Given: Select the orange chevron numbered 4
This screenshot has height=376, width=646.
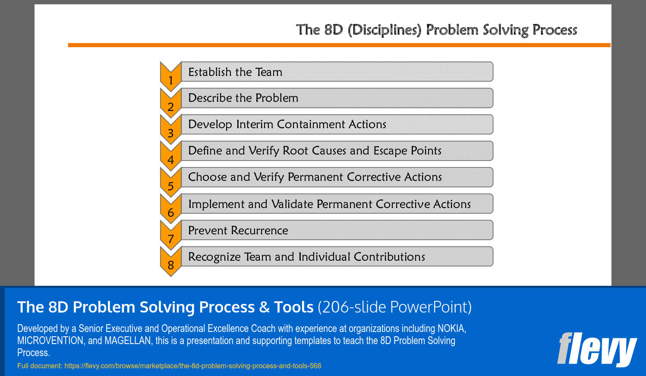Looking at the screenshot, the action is [171, 156].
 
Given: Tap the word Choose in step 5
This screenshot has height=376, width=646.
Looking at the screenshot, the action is [208, 177].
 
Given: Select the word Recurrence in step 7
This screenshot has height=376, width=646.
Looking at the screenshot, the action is [259, 231].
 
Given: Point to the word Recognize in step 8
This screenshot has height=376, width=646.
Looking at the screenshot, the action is [214, 257].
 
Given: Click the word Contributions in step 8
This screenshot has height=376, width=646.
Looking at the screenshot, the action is [389, 257].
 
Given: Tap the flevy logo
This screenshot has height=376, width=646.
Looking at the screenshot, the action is [597, 350].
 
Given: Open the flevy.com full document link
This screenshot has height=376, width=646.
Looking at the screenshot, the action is [192, 366].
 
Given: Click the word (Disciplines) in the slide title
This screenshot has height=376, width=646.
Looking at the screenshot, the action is [385, 30].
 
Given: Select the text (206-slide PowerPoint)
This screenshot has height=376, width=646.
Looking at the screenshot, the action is [395, 307].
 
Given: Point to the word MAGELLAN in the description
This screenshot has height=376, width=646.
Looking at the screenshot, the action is [128, 341].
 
